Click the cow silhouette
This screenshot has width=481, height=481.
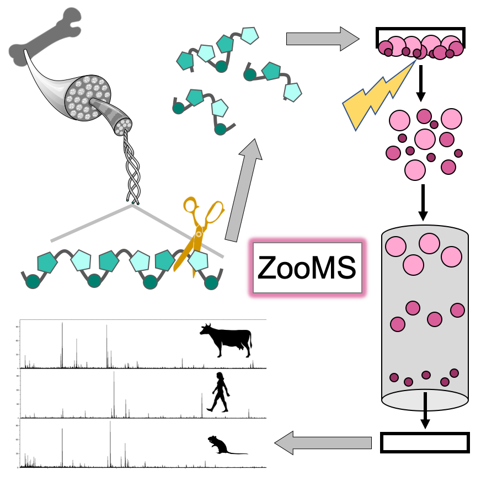226,339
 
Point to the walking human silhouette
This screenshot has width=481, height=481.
219,392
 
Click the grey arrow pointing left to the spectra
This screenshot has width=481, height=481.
323,442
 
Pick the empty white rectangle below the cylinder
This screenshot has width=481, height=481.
425,442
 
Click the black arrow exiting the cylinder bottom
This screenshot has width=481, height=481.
425,411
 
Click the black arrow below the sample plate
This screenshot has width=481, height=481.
421,83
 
